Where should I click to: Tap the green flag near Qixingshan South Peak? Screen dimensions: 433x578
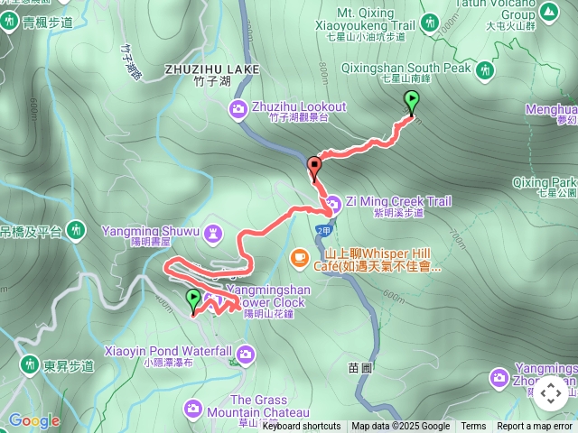tap(413, 102)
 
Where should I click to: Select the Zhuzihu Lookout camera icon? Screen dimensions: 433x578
tap(238, 109)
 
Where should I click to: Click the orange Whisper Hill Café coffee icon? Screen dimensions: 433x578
tap(298, 258)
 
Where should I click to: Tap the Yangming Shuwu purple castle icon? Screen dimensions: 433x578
tap(214, 234)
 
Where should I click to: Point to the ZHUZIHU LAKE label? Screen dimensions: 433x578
tap(212, 69)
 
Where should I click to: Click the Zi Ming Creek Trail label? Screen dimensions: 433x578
tap(397, 201)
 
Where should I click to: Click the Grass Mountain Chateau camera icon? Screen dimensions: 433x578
tap(193, 409)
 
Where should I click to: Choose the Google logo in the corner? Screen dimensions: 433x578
tap(33, 420)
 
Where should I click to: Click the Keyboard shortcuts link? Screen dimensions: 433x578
tap(302, 427)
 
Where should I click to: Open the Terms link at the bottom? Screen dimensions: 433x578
tap(473, 427)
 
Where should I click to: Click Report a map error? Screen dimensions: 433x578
tap(535, 427)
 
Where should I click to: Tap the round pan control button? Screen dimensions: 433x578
tap(550, 394)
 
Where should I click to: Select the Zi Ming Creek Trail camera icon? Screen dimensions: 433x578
tap(332, 202)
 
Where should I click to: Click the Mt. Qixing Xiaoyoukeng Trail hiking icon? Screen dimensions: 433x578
tap(429, 20)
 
